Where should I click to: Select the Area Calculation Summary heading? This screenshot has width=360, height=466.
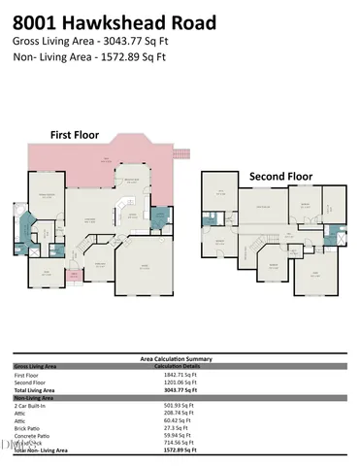pyautogui.click(x=179, y=358)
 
